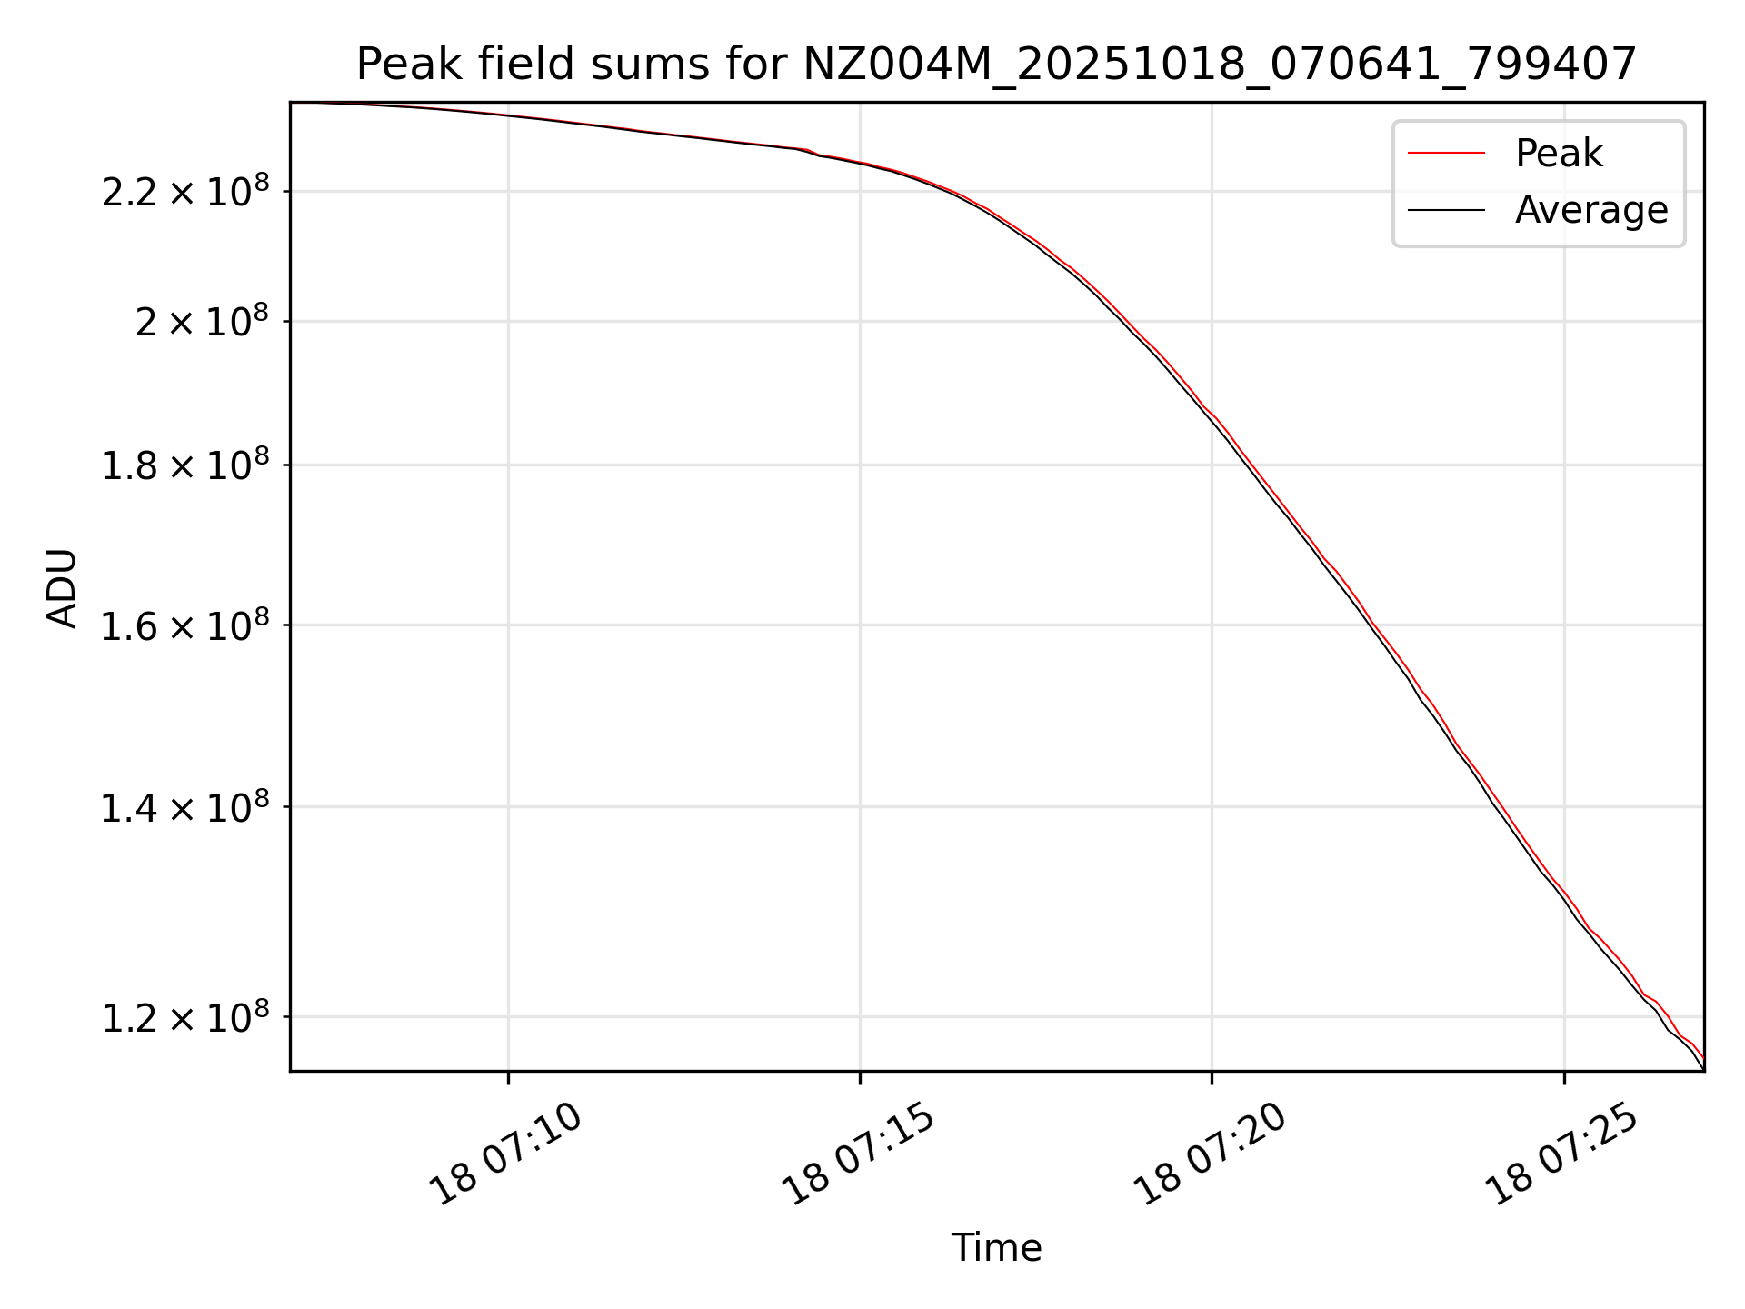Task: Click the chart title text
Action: (x=996, y=65)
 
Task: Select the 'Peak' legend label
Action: (x=1558, y=154)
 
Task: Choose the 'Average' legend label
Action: (x=1590, y=210)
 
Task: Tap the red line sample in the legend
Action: (x=1446, y=154)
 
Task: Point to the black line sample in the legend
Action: (x=1446, y=210)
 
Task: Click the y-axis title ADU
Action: (x=62, y=587)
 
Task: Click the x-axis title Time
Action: (x=996, y=1247)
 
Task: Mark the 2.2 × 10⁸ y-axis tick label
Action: (x=185, y=193)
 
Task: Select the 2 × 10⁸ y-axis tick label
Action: (x=202, y=323)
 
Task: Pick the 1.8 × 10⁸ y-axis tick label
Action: (x=185, y=466)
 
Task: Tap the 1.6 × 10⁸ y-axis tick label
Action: (x=185, y=626)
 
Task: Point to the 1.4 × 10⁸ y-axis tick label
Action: (x=185, y=808)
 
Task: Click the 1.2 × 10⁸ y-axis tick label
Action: (x=185, y=1019)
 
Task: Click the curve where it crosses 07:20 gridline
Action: (x=1212, y=418)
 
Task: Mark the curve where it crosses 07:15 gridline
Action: (x=861, y=164)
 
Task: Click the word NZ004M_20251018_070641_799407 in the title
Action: (x=1220, y=65)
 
